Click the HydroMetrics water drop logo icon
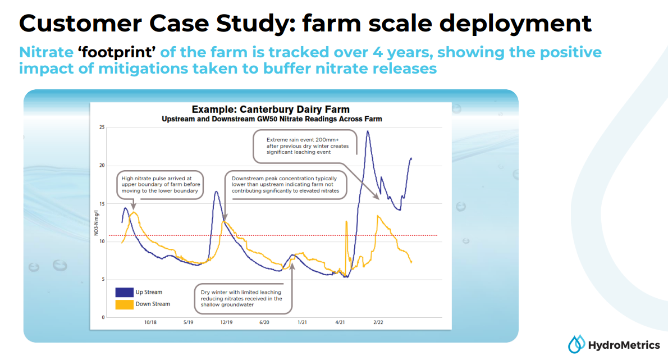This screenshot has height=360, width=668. (x=576, y=344)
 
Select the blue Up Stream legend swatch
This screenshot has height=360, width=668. (x=124, y=292)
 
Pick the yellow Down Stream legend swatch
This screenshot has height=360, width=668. (x=124, y=304)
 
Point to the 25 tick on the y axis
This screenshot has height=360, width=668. (x=102, y=127)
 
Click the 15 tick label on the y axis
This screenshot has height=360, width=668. (x=102, y=204)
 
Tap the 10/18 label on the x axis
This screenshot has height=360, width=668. (x=150, y=322)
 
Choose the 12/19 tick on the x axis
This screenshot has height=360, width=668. (x=226, y=322)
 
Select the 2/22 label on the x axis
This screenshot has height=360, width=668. (x=378, y=322)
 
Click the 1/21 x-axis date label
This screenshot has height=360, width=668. (x=301, y=322)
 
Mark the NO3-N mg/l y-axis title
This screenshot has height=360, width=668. (x=96, y=223)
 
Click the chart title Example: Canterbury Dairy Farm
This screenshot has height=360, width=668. (x=271, y=110)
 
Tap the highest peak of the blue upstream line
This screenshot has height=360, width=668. (x=367, y=131)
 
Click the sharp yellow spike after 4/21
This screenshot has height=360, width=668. (x=346, y=222)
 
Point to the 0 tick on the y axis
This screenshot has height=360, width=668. (x=103, y=317)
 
